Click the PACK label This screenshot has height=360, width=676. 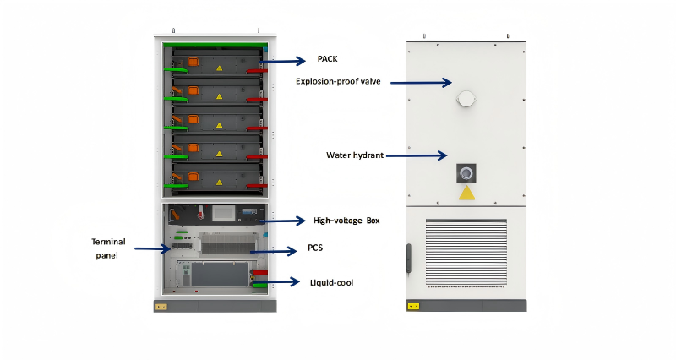click(x=327, y=60)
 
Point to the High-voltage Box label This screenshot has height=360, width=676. click(x=346, y=221)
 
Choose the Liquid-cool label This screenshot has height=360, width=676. click(x=332, y=282)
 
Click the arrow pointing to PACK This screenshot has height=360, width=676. click(x=288, y=60)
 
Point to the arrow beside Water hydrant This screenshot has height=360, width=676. click(x=417, y=155)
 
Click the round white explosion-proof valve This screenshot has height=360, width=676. click(x=466, y=99)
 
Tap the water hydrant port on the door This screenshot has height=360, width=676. click(x=466, y=172)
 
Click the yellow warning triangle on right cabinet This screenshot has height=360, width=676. click(x=466, y=194)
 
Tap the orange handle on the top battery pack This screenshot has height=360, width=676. click(x=192, y=61)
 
